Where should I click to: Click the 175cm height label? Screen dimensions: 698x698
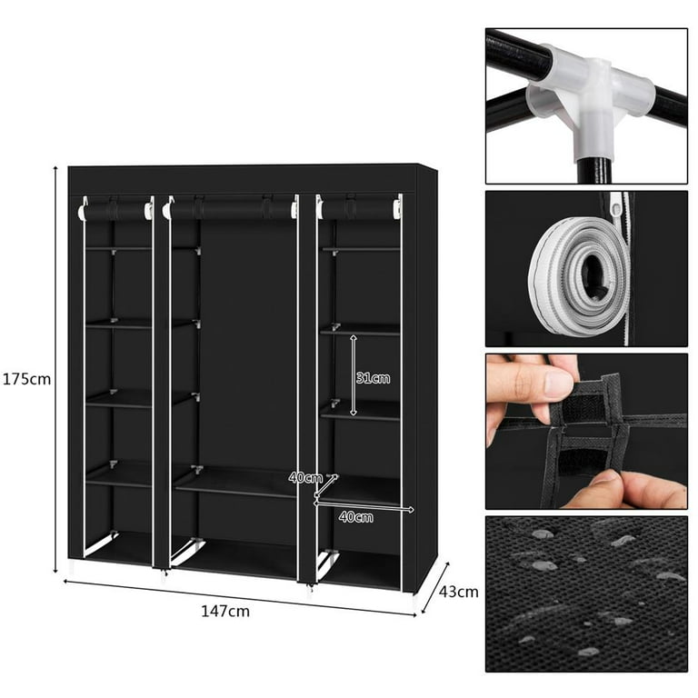point(26,379)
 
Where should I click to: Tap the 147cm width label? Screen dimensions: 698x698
point(225,611)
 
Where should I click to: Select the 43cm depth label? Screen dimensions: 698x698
point(458,592)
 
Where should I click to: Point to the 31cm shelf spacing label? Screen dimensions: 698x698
point(373,378)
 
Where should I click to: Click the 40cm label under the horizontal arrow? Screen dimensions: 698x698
point(355,517)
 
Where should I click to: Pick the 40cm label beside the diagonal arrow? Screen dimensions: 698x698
point(305,478)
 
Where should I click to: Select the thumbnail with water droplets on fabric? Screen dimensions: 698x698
point(586,594)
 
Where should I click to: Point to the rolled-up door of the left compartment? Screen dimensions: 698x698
point(116,210)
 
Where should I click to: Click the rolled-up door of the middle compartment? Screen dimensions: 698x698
point(231,209)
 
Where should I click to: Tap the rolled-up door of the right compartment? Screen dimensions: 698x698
point(359,209)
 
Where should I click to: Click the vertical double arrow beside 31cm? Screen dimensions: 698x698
point(354,375)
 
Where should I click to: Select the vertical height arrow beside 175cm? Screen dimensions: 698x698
point(55,369)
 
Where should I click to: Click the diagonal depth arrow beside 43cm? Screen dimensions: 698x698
point(435,587)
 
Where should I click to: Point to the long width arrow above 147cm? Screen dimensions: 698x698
point(240,598)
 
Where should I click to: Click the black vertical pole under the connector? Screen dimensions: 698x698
point(595,171)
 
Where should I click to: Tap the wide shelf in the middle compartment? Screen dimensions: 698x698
point(235,483)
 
